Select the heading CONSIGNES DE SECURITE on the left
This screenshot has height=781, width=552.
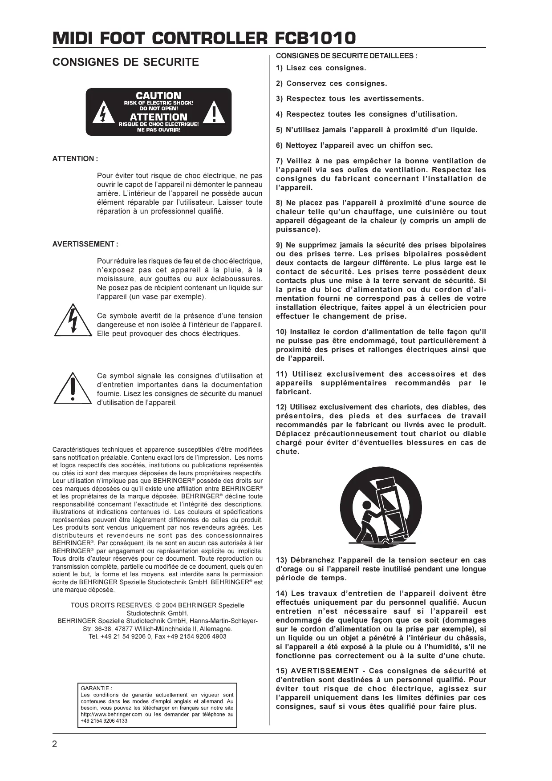click(x=126, y=62)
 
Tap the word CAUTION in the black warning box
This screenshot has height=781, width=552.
click(x=158, y=96)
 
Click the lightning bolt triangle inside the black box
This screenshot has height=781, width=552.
click(x=102, y=114)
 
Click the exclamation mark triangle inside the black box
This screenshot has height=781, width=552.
click(x=215, y=114)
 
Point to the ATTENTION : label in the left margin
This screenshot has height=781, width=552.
click(x=75, y=159)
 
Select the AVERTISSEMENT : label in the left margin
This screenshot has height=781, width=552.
click(x=85, y=244)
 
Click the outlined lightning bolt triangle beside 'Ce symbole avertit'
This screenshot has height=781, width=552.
click(x=72, y=321)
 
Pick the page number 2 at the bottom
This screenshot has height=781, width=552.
click(x=55, y=745)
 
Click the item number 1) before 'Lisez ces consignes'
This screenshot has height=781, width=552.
click(x=279, y=68)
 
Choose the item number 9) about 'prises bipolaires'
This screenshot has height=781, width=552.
click(x=279, y=245)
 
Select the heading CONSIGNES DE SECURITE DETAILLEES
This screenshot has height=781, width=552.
click(x=346, y=56)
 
